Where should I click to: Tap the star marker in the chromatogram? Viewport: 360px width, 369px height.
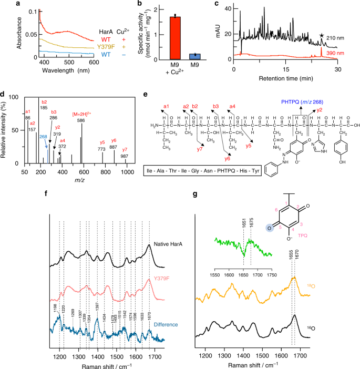pos(322,35)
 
